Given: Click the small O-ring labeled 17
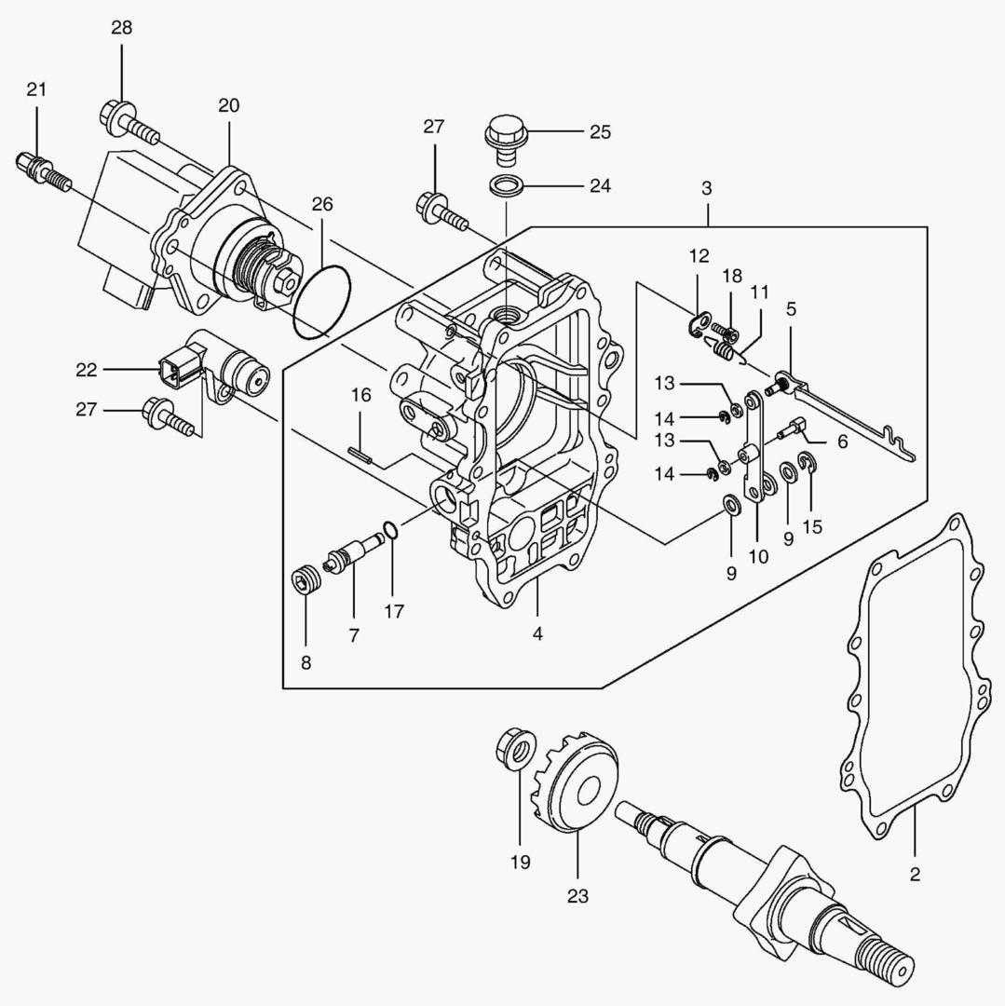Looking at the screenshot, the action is point(389,531).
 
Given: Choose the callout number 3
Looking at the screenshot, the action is point(706,188).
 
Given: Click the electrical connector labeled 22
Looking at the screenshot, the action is point(174,370).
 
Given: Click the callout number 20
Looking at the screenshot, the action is point(228,105).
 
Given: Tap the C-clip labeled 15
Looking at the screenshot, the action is point(808,463).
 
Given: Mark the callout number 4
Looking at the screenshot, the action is point(537,634).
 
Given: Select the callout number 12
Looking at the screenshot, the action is point(699,256).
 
